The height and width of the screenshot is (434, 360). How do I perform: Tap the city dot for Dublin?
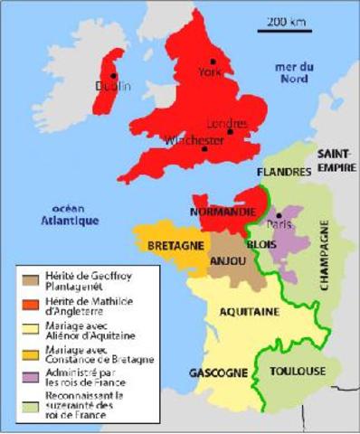113,76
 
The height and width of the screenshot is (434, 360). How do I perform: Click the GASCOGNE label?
214,373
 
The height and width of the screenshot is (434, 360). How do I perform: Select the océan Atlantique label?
74,213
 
